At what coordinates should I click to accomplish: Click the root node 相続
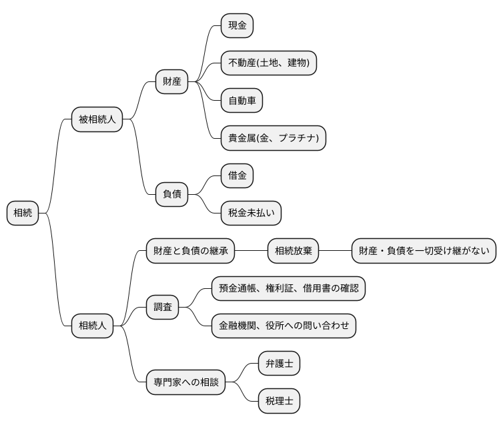(x=23, y=213)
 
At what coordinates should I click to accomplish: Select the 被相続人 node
(x=97, y=119)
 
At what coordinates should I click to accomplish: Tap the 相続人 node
(x=92, y=326)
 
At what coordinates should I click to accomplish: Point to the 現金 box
(x=237, y=26)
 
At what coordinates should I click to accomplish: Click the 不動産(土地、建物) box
(x=268, y=63)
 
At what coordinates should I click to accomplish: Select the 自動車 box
(x=241, y=101)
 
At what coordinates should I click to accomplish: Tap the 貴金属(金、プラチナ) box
(x=273, y=138)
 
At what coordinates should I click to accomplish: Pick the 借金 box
(x=237, y=175)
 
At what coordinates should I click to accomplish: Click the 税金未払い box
(x=251, y=213)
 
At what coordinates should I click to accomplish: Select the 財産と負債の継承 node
(x=191, y=251)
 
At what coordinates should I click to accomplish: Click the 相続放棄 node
(x=293, y=251)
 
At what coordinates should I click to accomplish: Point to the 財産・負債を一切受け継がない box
(x=424, y=251)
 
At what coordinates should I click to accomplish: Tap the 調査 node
(x=163, y=307)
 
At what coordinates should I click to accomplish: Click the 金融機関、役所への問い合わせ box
(x=284, y=326)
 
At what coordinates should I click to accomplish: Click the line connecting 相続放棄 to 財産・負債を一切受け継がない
(x=335, y=251)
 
